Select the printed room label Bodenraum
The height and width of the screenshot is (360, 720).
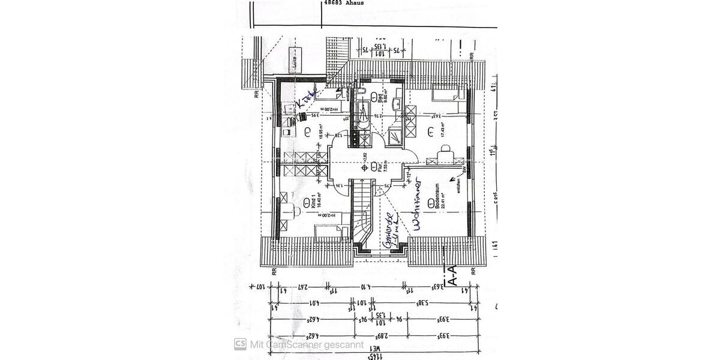(x=439, y=196)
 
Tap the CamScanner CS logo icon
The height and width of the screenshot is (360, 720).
(x=241, y=344)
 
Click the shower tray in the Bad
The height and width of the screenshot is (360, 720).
(x=395, y=137)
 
